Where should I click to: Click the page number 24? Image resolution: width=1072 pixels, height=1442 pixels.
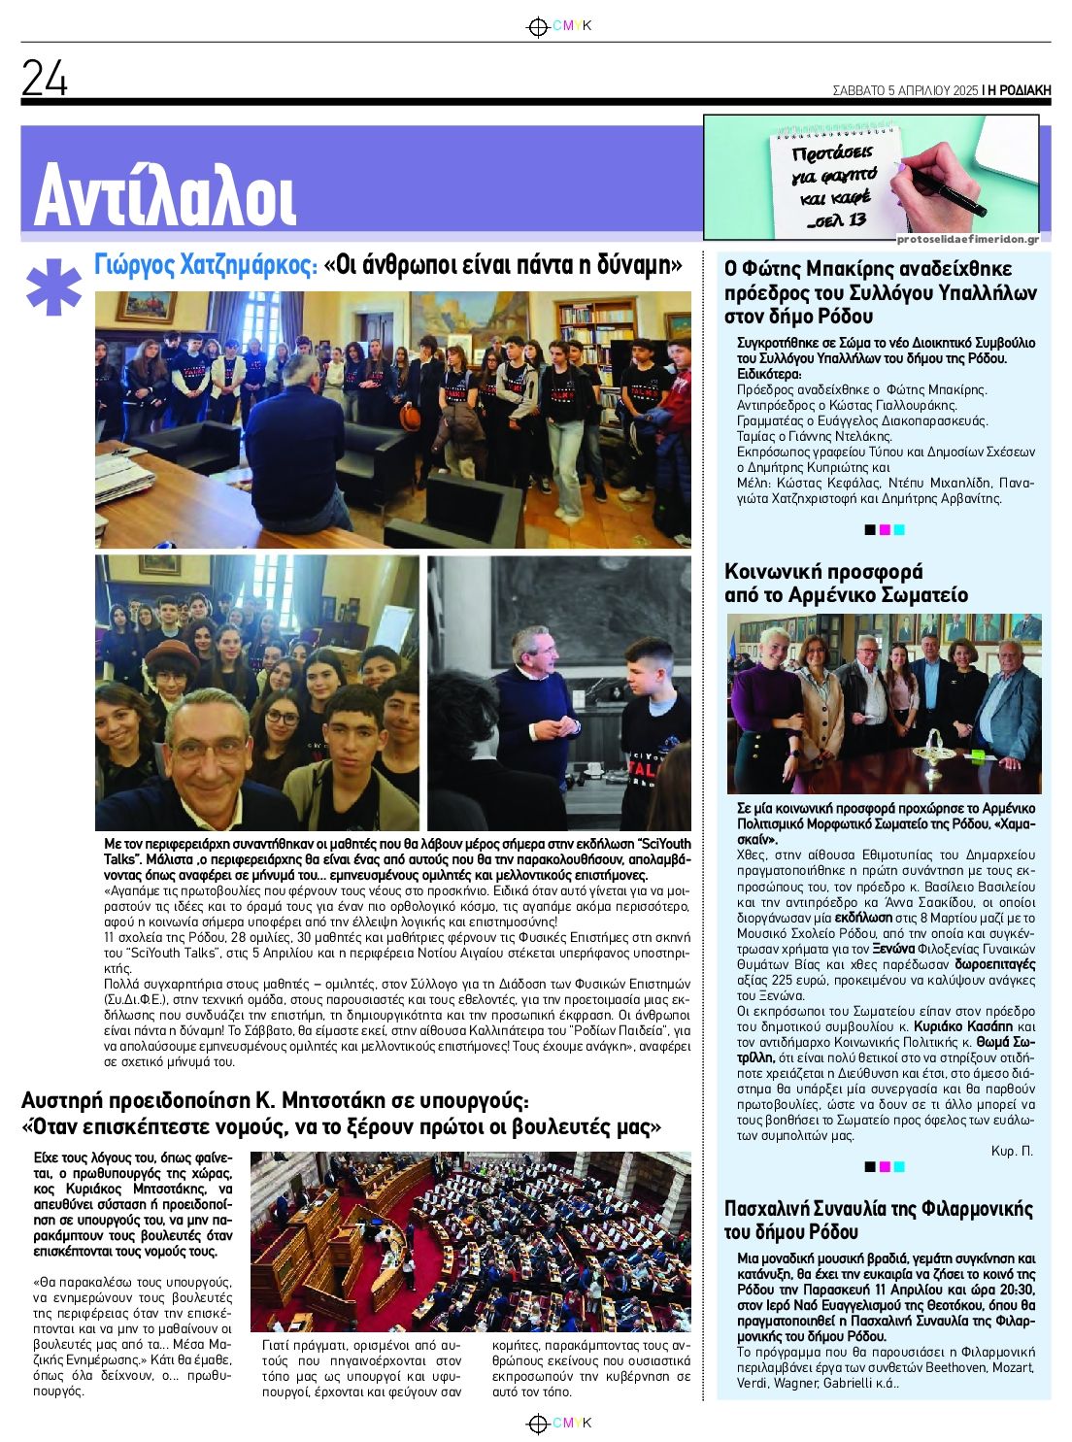click(45, 79)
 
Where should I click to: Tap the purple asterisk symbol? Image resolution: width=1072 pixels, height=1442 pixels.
click(52, 287)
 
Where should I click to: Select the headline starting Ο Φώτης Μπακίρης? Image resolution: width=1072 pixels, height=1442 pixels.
click(881, 292)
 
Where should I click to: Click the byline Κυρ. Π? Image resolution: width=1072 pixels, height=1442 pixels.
click(1012, 1151)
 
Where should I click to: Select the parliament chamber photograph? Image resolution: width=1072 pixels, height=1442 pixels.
click(470, 1241)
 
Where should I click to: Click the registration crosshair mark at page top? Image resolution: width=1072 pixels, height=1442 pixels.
click(536, 27)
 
